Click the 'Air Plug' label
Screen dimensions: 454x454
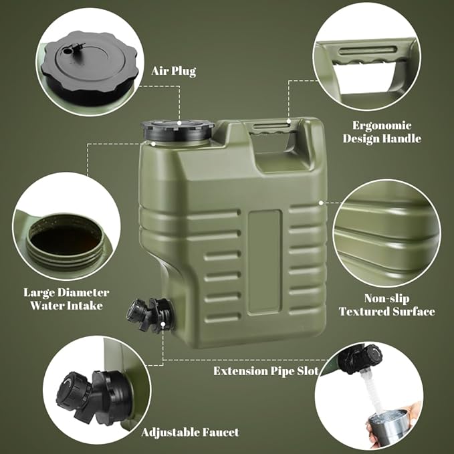point(173,71)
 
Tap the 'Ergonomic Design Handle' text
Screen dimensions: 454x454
point(382,132)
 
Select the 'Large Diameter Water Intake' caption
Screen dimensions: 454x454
point(66,299)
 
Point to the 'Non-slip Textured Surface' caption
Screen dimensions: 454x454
point(387,305)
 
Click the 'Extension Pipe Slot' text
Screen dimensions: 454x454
point(266,371)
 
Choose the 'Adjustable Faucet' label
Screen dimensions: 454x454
point(191,433)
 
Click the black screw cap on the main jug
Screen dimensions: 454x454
point(178,130)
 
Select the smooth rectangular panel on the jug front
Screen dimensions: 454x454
point(265,261)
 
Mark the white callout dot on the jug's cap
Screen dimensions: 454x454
point(179,123)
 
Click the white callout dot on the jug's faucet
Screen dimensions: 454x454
point(163,324)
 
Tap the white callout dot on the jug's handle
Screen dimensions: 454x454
point(289,121)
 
